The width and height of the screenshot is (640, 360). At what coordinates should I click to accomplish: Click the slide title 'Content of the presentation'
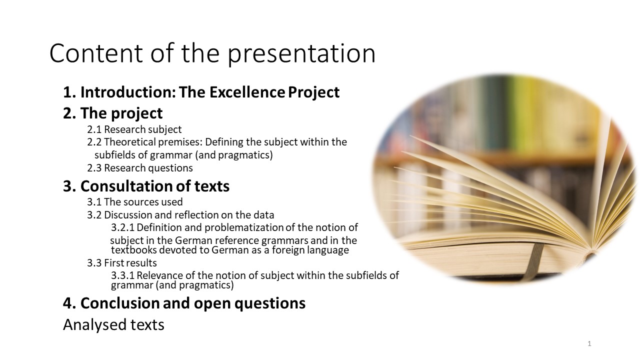pyautogui.click(x=212, y=53)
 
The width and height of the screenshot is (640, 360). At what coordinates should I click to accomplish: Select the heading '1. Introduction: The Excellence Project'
pyautogui.click(x=201, y=92)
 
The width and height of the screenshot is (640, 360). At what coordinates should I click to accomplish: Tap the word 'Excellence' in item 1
pyautogui.click(x=247, y=92)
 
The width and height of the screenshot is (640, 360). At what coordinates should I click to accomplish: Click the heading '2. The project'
pyautogui.click(x=113, y=113)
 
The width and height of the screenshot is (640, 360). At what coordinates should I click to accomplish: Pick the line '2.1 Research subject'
pyautogui.click(x=134, y=129)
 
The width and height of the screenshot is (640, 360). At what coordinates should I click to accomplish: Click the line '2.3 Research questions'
pyautogui.click(x=140, y=168)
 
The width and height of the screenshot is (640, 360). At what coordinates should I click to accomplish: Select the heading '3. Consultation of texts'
pyautogui.click(x=146, y=186)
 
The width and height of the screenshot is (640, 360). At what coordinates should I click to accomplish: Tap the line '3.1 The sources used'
pyautogui.click(x=135, y=202)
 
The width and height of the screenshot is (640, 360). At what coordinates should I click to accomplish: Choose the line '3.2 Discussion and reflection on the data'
pyautogui.click(x=180, y=215)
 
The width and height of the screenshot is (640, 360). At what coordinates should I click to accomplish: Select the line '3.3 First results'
pyautogui.click(x=122, y=263)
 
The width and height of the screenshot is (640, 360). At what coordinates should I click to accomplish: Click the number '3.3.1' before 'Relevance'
pyautogui.click(x=122, y=275)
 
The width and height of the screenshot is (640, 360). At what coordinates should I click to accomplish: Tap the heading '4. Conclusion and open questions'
pyautogui.click(x=184, y=303)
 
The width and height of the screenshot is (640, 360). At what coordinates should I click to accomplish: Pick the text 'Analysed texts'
pyautogui.click(x=113, y=325)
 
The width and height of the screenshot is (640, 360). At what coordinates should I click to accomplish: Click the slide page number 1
pyautogui.click(x=589, y=343)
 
